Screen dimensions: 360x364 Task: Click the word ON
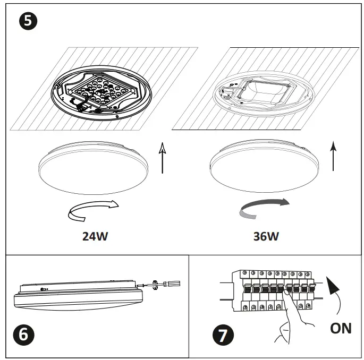[x=340, y=328]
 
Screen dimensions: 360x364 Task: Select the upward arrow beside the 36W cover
[x=333, y=156]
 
